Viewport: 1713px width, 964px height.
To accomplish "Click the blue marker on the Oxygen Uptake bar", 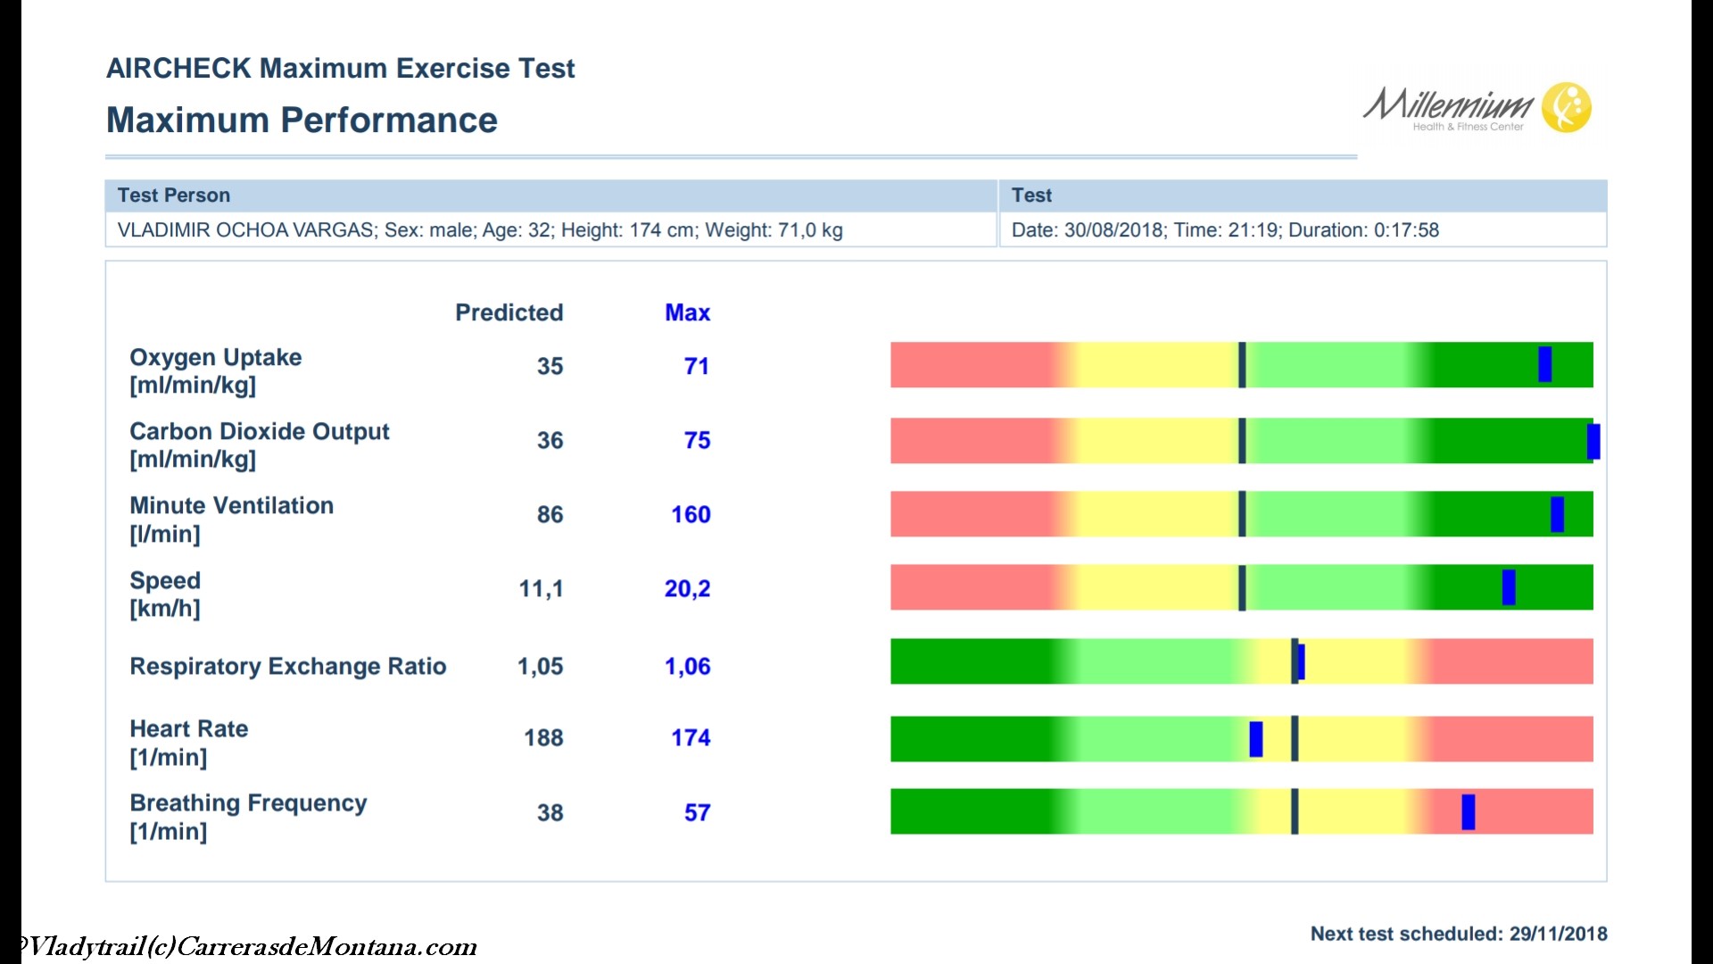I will (x=1544, y=364).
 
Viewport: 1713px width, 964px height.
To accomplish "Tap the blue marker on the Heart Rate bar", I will (x=1255, y=739).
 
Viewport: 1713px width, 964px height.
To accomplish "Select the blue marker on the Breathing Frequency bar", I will (x=1468, y=812).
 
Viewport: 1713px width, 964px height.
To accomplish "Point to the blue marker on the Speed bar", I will (x=1508, y=587).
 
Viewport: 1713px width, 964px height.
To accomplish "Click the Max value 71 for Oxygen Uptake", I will (x=696, y=366).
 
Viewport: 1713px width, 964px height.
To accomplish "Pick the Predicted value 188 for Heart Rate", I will (x=543, y=738).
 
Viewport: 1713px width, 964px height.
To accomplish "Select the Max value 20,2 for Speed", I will (x=687, y=589).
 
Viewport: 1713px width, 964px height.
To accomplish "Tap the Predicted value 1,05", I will (x=540, y=667).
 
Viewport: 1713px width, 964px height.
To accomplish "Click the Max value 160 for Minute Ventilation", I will (x=691, y=515).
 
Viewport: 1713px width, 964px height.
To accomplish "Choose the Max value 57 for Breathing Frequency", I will (x=697, y=813).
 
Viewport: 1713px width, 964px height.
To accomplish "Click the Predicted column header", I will (x=509, y=312).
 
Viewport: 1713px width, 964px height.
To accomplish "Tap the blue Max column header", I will (x=687, y=312).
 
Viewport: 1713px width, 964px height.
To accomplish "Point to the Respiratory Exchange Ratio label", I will (x=287, y=667).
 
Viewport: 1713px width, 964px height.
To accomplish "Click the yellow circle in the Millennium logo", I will (x=1567, y=107).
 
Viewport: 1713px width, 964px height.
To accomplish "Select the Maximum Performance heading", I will (x=302, y=120).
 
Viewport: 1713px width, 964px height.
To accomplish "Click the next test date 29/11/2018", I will (x=1558, y=934).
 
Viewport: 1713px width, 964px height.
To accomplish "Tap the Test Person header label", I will (x=174, y=195).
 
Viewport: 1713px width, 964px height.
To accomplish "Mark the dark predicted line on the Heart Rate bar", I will (x=1295, y=739).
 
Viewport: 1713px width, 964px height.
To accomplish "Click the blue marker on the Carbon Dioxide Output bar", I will (x=1593, y=441).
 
